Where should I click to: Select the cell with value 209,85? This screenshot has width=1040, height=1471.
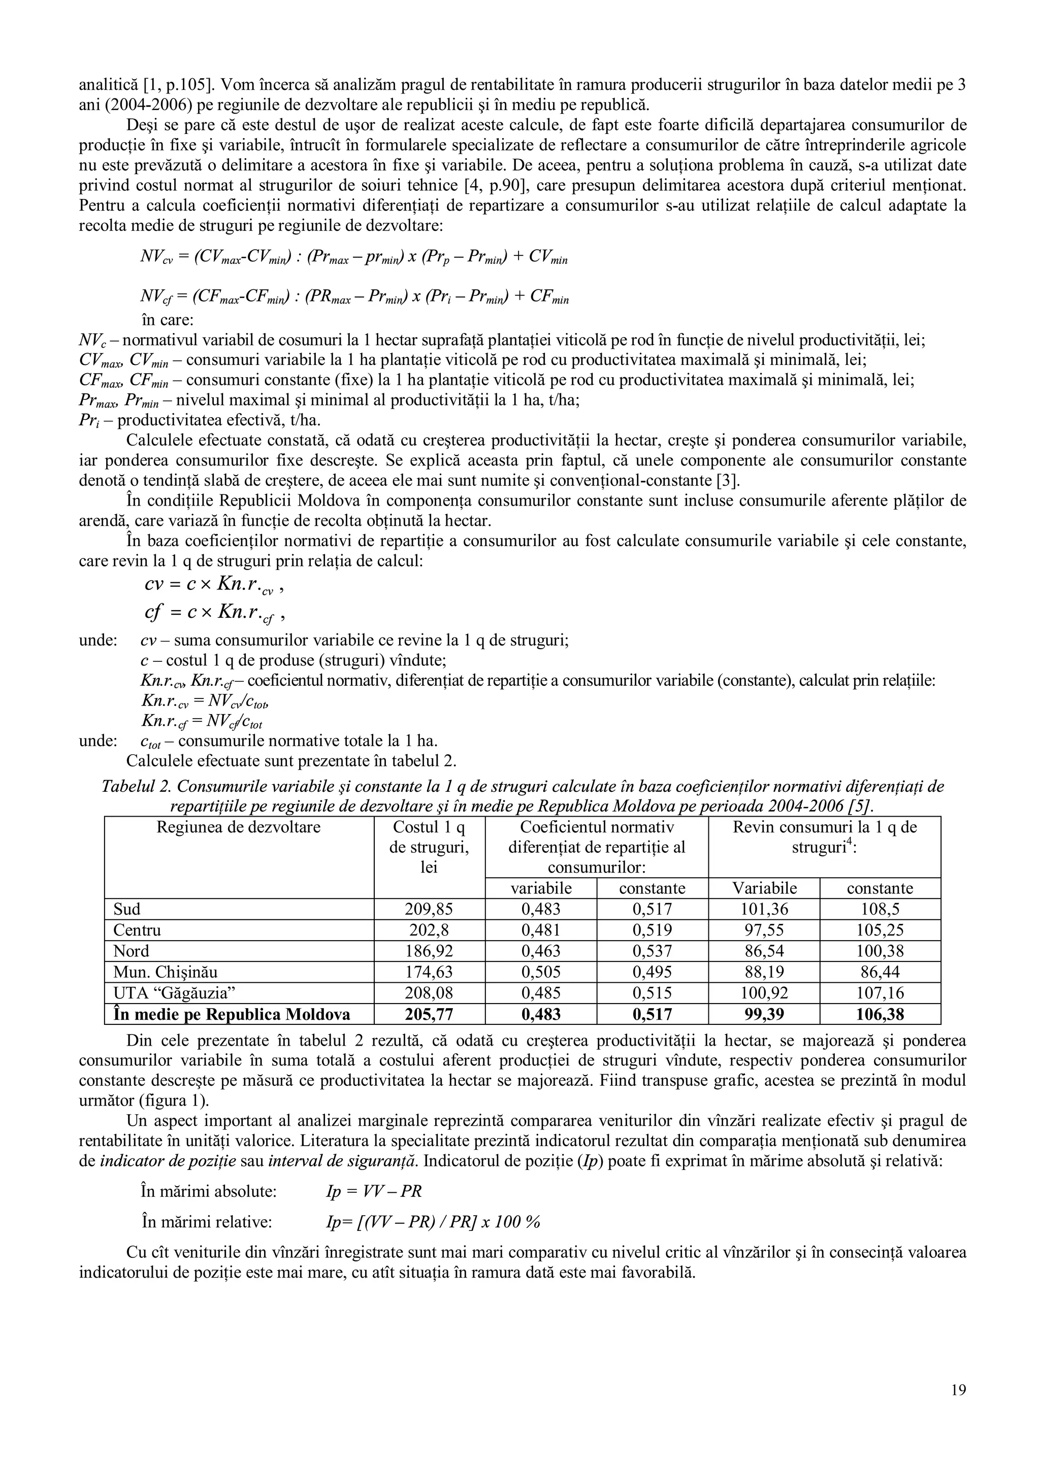click(x=429, y=909)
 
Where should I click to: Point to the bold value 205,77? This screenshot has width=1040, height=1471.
click(x=429, y=1014)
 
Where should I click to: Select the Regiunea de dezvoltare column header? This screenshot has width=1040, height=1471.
click(x=238, y=827)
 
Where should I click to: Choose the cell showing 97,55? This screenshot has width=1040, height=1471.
click(x=763, y=930)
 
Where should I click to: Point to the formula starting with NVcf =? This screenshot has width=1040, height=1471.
click(x=354, y=298)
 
